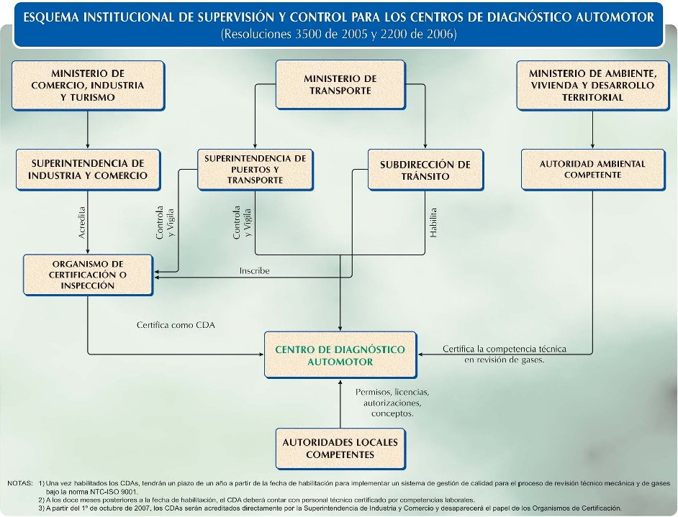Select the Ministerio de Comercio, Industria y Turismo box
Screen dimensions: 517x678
click(88, 85)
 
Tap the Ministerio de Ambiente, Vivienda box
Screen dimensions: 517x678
click(592, 85)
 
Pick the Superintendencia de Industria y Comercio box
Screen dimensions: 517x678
click(88, 170)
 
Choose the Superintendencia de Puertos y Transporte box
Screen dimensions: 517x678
click(255, 169)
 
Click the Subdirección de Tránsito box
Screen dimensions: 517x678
click(425, 170)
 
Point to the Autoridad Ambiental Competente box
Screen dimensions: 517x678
click(592, 170)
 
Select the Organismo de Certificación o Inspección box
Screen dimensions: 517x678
click(88, 274)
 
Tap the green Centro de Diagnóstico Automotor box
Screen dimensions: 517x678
click(340, 355)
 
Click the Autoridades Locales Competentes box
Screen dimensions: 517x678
click(340, 449)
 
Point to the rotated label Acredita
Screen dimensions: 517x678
click(82, 224)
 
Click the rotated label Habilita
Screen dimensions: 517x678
click(433, 222)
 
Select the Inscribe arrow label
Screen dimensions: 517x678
click(254, 271)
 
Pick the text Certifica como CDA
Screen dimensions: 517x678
click(176, 325)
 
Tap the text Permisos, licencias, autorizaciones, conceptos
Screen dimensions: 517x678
click(392, 403)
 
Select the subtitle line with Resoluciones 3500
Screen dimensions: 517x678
click(339, 35)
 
